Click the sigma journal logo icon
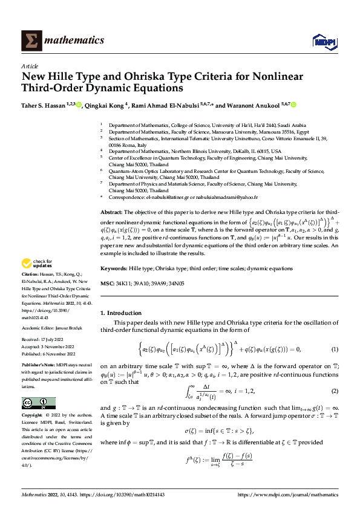(x=30, y=41)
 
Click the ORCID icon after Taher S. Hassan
(x=79, y=105)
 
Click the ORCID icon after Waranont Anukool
(x=294, y=105)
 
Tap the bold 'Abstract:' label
(x=111, y=213)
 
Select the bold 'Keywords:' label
(x=114, y=268)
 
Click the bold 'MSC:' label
(x=106, y=283)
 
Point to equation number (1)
(x=334, y=349)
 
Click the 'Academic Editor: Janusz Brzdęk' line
(x=49, y=327)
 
